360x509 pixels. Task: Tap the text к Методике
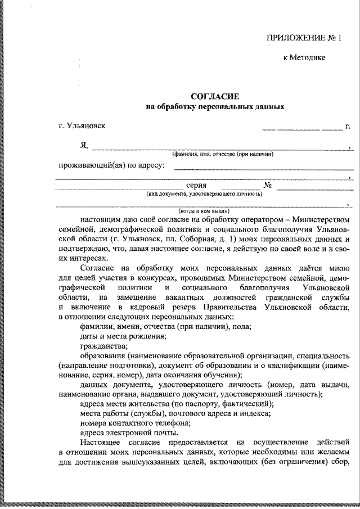(304, 57)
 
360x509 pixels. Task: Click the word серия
(196, 185)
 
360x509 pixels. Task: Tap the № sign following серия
(268, 185)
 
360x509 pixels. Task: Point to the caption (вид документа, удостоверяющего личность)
(204, 193)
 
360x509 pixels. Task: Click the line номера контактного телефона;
(134, 422)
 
